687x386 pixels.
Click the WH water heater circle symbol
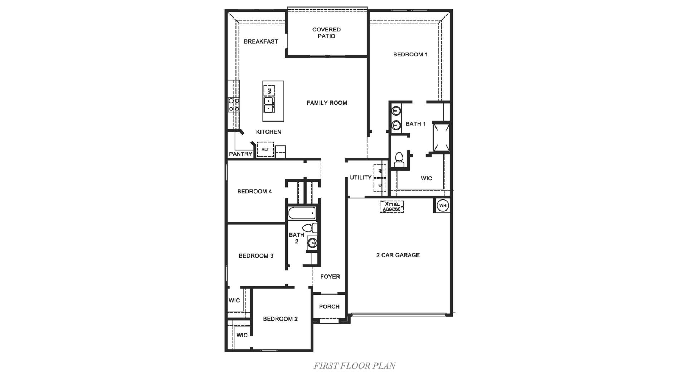(443, 206)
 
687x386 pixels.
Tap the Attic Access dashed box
(391, 207)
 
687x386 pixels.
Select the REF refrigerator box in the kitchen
(265, 149)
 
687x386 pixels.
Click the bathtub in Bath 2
(302, 213)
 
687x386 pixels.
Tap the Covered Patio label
(326, 33)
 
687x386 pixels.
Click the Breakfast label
(261, 41)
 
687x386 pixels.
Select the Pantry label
(240, 154)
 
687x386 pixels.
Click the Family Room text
(327, 103)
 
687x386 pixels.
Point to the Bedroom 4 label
(254, 192)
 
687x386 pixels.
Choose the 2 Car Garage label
(398, 255)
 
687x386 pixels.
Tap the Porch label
(329, 307)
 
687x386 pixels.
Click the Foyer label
(330, 277)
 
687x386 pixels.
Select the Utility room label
(361, 178)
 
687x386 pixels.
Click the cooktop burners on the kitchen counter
(234, 105)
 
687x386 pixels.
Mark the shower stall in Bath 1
(441, 137)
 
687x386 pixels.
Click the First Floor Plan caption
(354, 366)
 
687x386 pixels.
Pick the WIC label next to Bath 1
(426, 178)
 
